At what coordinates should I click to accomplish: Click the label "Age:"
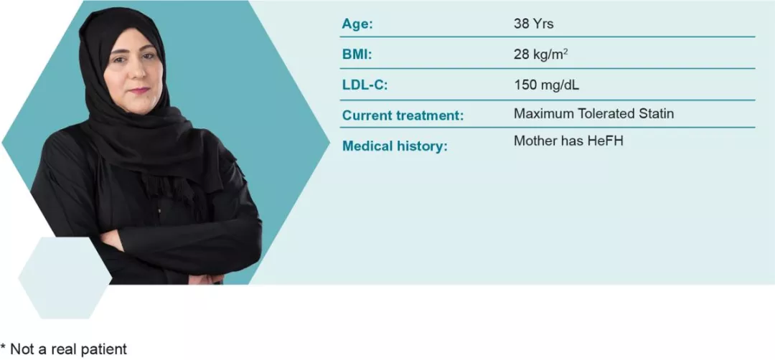click(x=357, y=24)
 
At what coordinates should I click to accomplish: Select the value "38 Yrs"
click(x=534, y=24)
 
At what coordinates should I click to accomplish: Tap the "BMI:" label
click(x=357, y=55)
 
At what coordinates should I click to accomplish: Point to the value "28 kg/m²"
click(x=541, y=55)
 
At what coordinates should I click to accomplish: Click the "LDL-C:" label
click(x=365, y=85)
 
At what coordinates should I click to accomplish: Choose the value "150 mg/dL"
click(x=547, y=85)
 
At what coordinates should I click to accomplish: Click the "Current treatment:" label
click(x=403, y=115)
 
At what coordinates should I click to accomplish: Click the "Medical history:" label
click(x=395, y=146)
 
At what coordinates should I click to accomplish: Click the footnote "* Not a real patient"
click(x=64, y=349)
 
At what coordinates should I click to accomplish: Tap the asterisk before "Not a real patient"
click(x=4, y=346)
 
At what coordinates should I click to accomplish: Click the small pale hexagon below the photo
click(x=65, y=278)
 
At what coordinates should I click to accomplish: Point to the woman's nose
click(x=134, y=73)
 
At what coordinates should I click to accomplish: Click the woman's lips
click(x=139, y=90)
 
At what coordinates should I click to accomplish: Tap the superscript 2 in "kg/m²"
click(x=565, y=51)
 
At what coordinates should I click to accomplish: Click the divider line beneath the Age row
click(x=548, y=37)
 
